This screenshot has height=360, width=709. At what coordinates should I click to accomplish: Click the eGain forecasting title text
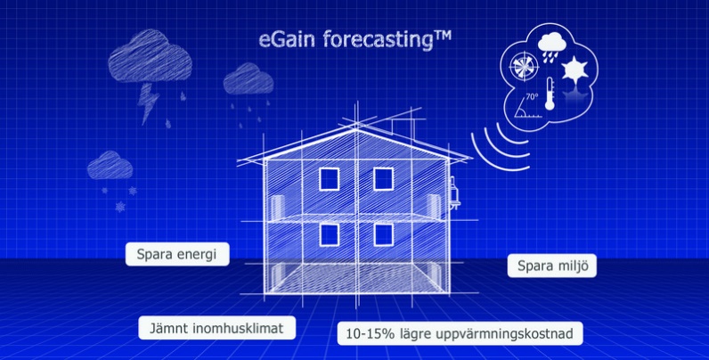tap(355, 40)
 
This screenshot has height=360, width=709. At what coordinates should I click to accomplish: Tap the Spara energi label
tap(177, 254)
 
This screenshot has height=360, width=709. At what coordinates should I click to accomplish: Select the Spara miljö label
tap(552, 266)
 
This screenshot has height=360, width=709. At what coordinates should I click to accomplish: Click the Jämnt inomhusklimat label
tap(217, 327)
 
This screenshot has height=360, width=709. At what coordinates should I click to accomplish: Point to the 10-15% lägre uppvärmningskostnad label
tap(460, 333)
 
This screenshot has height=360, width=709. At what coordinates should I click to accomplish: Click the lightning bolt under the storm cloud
tap(149, 103)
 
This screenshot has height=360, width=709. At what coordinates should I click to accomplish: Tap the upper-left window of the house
tap(330, 178)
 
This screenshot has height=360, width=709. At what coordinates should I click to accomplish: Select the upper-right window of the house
tap(383, 178)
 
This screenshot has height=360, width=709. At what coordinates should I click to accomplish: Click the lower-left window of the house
tap(330, 234)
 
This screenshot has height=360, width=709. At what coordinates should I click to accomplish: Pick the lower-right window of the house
tap(383, 234)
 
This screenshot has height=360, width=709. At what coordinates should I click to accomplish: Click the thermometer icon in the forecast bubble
tap(550, 94)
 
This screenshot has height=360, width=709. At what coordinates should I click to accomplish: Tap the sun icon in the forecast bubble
tap(575, 70)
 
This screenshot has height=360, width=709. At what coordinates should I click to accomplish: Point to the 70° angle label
tap(532, 96)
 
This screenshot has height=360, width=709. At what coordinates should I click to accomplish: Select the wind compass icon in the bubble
tap(524, 67)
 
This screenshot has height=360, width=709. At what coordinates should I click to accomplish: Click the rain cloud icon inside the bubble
tap(551, 48)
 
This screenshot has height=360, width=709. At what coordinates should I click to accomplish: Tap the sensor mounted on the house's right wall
tap(454, 192)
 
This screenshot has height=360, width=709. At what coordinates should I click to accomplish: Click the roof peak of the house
tap(356, 129)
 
